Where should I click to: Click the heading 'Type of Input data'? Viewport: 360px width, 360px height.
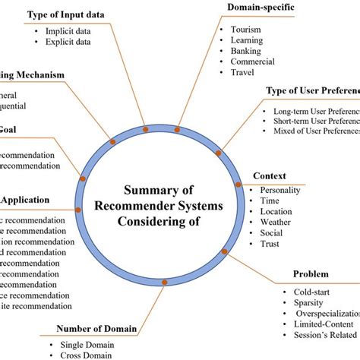(67, 14)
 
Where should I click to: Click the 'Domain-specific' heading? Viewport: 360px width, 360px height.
(261, 8)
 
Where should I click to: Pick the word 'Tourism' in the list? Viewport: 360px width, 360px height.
(246, 30)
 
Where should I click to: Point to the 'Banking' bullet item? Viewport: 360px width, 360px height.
(246, 51)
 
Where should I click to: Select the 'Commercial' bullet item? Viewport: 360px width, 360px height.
(252, 62)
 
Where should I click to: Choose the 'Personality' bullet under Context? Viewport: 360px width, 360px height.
(280, 190)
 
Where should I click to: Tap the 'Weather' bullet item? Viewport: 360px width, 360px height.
(276, 222)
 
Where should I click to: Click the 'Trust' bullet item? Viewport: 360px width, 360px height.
(270, 243)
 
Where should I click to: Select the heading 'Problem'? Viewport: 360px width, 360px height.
(311, 274)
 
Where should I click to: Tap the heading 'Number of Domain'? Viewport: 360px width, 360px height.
(96, 329)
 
